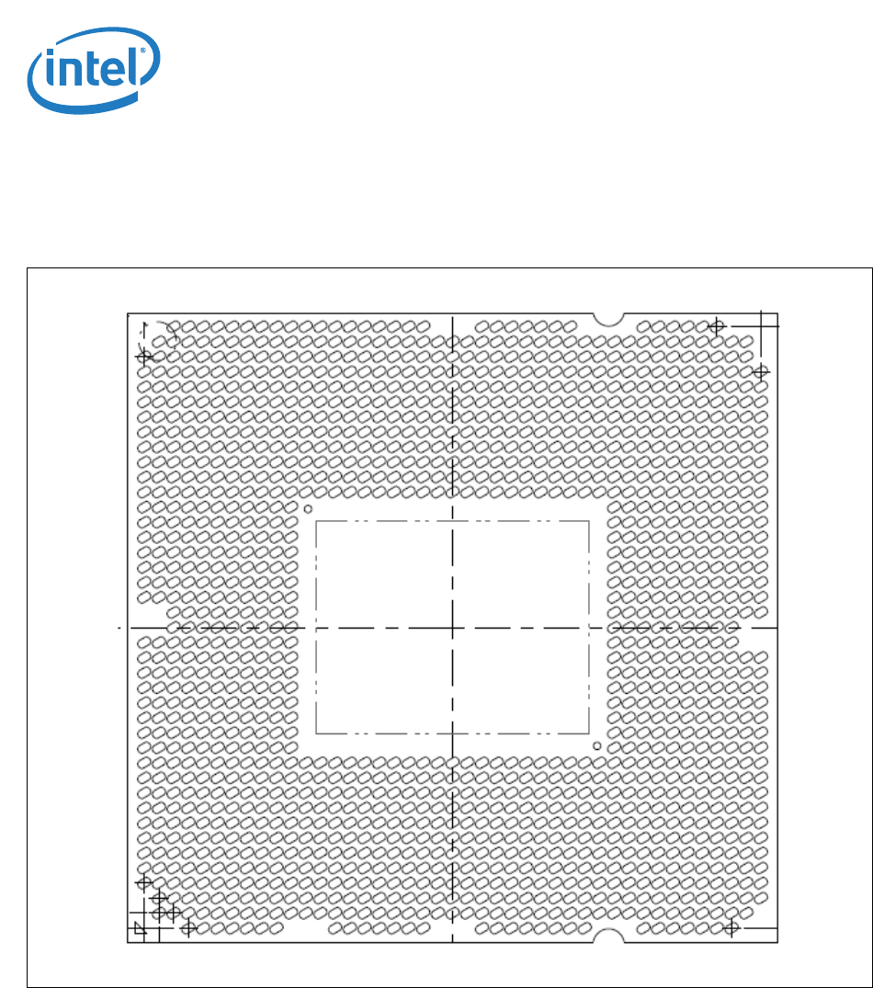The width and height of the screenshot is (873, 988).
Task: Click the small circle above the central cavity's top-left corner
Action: tap(309, 508)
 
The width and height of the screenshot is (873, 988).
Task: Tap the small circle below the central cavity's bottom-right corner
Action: tap(597, 746)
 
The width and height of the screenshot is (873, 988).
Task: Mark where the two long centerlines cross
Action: tap(453, 628)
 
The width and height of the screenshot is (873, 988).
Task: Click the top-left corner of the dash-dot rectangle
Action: tap(316, 521)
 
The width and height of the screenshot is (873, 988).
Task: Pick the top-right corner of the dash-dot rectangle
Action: tap(589, 521)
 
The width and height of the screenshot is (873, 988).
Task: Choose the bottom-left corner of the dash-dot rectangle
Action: tap(316, 733)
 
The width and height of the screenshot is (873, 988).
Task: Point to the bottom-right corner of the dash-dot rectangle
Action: tap(589, 733)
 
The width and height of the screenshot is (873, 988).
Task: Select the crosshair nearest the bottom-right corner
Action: tap(731, 928)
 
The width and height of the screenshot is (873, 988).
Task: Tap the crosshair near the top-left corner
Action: tap(144, 356)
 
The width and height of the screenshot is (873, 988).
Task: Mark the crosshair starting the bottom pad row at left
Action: tap(189, 928)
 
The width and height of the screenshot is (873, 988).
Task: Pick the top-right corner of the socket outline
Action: tap(778, 313)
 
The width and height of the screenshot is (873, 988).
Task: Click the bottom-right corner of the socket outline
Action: tap(778, 942)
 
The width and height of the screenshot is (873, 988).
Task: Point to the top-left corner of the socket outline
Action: tap(127, 313)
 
